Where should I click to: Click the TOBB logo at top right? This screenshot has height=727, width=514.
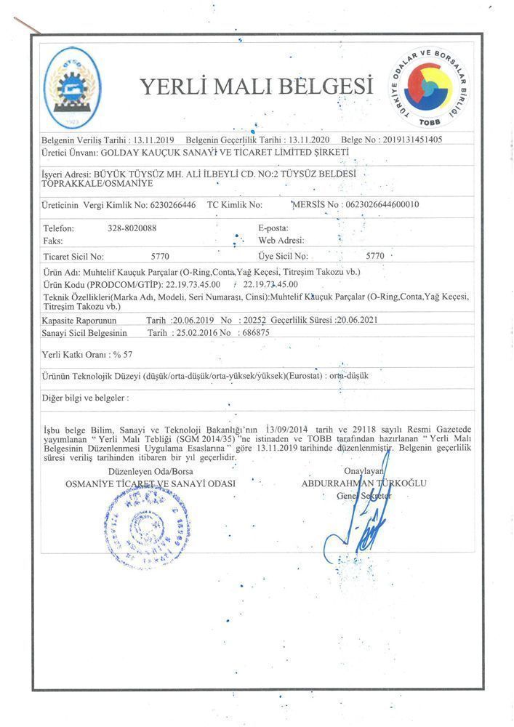pos(429,88)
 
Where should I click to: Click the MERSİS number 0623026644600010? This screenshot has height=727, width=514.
pos(382,205)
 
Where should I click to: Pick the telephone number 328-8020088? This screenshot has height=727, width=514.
pos(132,228)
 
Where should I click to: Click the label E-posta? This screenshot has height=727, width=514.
pos(274,228)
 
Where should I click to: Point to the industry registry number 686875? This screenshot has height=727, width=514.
pos(254,332)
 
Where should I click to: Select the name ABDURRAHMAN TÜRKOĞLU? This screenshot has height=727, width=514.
pos(366,483)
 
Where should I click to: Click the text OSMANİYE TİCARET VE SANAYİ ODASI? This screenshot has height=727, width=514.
pos(150,483)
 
